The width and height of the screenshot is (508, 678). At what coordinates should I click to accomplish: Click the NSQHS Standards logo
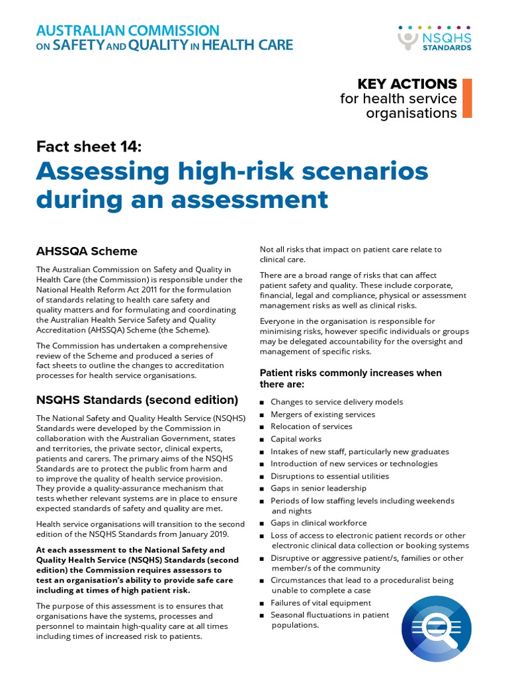(435, 38)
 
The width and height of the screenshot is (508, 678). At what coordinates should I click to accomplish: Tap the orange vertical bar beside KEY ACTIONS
(467, 98)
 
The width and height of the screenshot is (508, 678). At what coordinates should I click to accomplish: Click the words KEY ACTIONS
(407, 84)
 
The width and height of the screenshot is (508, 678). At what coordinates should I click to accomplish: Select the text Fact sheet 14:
(89, 147)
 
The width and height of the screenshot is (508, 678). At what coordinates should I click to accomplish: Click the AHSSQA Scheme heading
(87, 251)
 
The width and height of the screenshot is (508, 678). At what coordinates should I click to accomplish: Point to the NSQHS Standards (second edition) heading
(137, 400)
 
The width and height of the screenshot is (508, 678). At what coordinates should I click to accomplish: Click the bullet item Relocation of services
(311, 426)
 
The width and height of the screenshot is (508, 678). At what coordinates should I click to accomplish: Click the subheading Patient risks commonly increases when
(350, 373)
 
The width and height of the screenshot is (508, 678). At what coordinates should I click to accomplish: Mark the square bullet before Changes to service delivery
(263, 403)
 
